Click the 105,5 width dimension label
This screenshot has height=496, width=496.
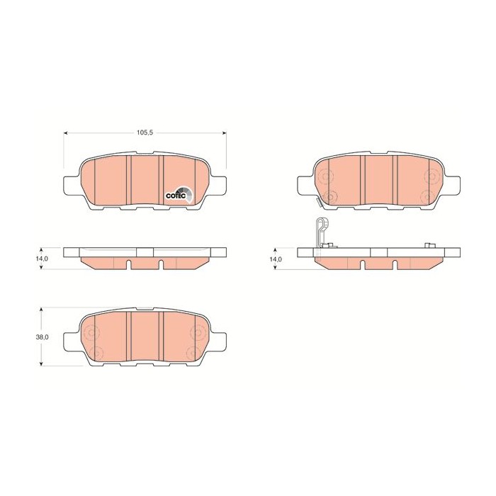coord(145,133)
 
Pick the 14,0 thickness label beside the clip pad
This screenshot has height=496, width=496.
coord(276,259)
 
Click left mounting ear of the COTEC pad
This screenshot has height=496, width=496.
coord(72,185)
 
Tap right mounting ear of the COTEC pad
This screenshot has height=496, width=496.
coord(219,185)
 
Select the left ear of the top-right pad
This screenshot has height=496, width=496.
coord(305,185)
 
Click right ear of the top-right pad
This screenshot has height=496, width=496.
coord(453,185)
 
